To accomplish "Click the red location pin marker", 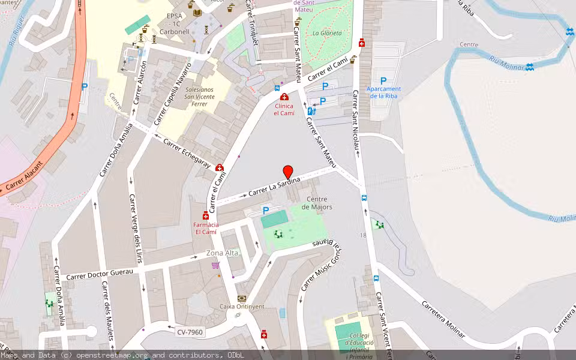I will point(288,172).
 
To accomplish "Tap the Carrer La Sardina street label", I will point(274,187).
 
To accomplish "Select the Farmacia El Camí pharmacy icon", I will point(206,216).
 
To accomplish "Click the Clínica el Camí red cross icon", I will point(284,97).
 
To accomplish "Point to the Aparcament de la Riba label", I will point(384,92).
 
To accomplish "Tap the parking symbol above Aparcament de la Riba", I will point(383,80).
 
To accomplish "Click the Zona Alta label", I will point(222,253).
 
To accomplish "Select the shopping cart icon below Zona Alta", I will point(215,265).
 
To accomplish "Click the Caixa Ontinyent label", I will point(242,306).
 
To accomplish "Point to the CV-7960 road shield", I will point(190,332).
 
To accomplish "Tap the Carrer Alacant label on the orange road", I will point(25,178).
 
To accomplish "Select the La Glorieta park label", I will point(327,33).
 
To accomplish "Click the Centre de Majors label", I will point(319,203).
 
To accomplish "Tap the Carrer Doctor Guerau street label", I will point(100,274).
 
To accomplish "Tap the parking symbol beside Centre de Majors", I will point(266,210).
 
